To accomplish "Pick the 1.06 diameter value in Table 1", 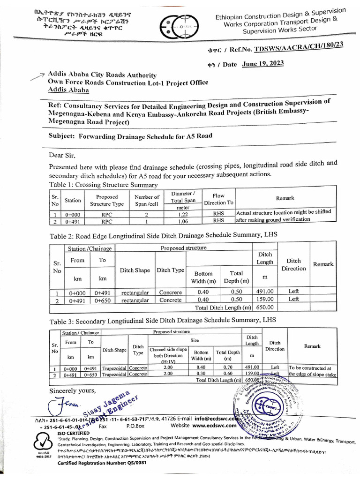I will (x=186, y=221).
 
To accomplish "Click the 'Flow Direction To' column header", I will (x=218, y=199).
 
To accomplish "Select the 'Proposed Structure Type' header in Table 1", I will (x=107, y=201).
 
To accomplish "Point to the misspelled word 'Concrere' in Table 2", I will (x=170, y=292).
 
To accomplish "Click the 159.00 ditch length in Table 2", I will (x=264, y=300).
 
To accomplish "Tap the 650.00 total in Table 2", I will (x=264, y=307).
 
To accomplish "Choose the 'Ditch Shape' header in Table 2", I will (x=135, y=270).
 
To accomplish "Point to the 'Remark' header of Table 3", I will (x=312, y=346).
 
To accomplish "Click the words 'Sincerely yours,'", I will (x=72, y=390).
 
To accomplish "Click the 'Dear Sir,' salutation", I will (x=62, y=155).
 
